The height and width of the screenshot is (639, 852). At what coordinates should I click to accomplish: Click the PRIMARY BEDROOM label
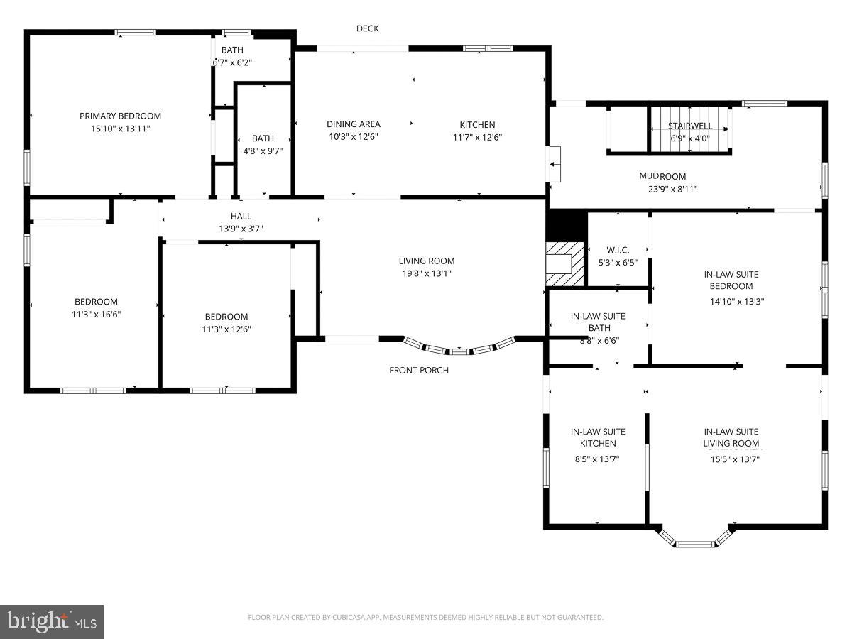[x=120, y=116]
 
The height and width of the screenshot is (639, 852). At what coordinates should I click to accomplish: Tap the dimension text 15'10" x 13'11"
[x=120, y=129]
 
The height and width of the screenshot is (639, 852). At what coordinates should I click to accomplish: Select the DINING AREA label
[x=353, y=124]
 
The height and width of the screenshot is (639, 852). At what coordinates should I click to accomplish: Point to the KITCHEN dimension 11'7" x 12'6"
[x=477, y=137]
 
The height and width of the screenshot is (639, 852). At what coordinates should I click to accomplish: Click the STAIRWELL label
[x=689, y=126]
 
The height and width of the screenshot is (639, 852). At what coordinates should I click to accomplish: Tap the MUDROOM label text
[x=662, y=176]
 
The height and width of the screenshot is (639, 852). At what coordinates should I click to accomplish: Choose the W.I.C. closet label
[x=618, y=250]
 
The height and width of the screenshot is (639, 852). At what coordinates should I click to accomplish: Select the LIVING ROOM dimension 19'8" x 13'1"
[x=426, y=273]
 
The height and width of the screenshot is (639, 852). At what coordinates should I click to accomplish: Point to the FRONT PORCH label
[x=419, y=370]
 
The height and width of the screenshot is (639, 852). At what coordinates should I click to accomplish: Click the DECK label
[x=368, y=28]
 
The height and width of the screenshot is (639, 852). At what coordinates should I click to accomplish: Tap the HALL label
[x=241, y=216]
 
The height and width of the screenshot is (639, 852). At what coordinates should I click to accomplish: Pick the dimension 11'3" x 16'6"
[x=96, y=314]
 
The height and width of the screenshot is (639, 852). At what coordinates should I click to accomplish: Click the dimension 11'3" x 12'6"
[x=226, y=329]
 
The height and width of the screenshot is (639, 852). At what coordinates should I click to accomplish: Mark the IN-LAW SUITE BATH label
[x=599, y=322]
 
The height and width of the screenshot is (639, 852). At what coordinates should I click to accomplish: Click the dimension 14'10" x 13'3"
[x=737, y=300]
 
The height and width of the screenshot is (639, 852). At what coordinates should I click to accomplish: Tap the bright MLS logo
[x=52, y=621]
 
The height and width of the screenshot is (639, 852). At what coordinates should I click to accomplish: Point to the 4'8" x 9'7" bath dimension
[x=263, y=151]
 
